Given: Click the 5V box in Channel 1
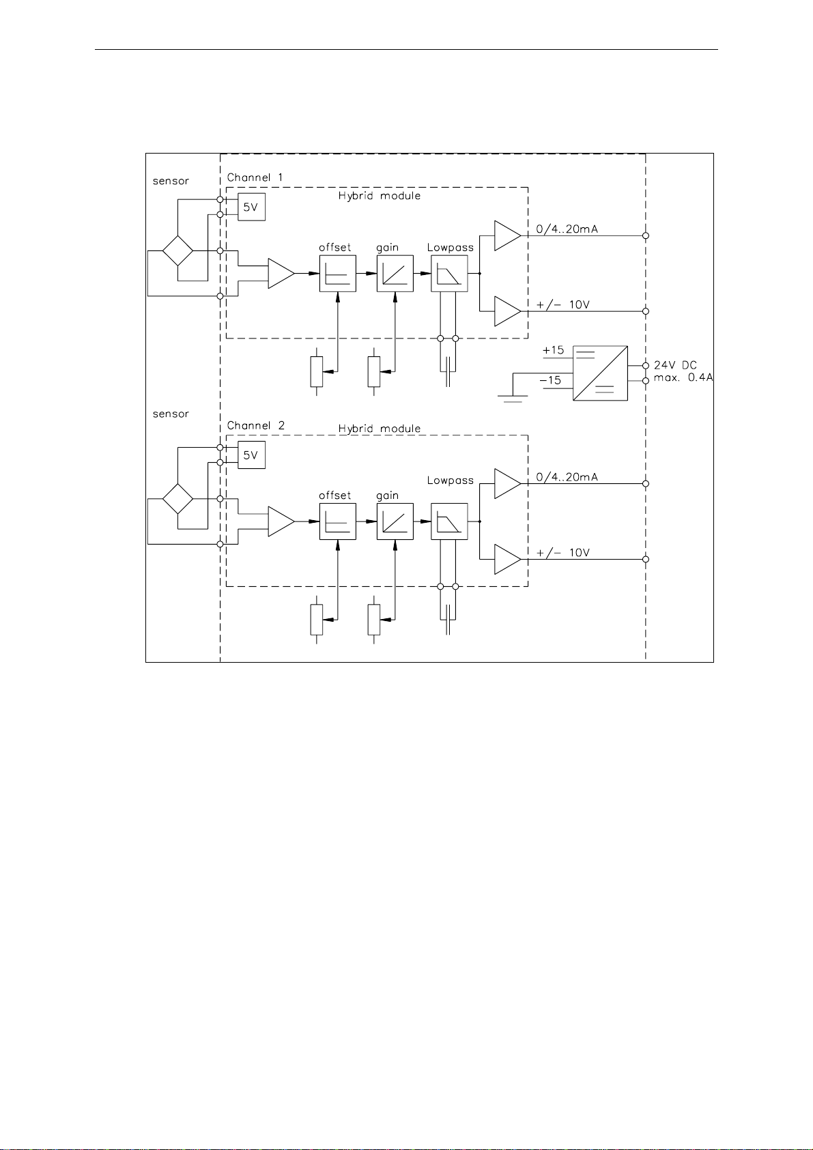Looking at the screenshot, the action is point(252,207).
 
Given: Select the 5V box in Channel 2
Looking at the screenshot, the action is point(252,455).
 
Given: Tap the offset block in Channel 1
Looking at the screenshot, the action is point(338,273).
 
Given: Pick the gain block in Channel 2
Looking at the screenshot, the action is point(395,521).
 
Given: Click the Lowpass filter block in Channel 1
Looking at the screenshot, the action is point(449,273).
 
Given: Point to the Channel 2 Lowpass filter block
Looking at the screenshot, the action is point(449,521).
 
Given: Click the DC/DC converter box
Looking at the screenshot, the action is point(601,373).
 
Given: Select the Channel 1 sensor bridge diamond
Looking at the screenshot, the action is point(177,250).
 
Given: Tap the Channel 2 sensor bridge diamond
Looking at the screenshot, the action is point(177,498).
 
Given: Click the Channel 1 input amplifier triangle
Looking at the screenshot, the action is point(281,273).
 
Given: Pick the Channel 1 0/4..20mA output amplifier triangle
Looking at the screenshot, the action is point(507,235).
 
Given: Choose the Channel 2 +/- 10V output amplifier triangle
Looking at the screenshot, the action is point(507,559).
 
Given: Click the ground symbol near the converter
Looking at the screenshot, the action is point(513,398).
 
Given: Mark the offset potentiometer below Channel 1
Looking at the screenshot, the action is point(317,371).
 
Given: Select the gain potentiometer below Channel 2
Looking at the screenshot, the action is point(374,620).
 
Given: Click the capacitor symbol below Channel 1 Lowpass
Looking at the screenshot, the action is point(448,371).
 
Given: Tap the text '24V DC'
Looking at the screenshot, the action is point(675,365).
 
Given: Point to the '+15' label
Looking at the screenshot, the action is point(553,350).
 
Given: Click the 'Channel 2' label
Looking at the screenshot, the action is point(256,426).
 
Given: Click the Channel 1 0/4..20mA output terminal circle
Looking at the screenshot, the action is point(646,235).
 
